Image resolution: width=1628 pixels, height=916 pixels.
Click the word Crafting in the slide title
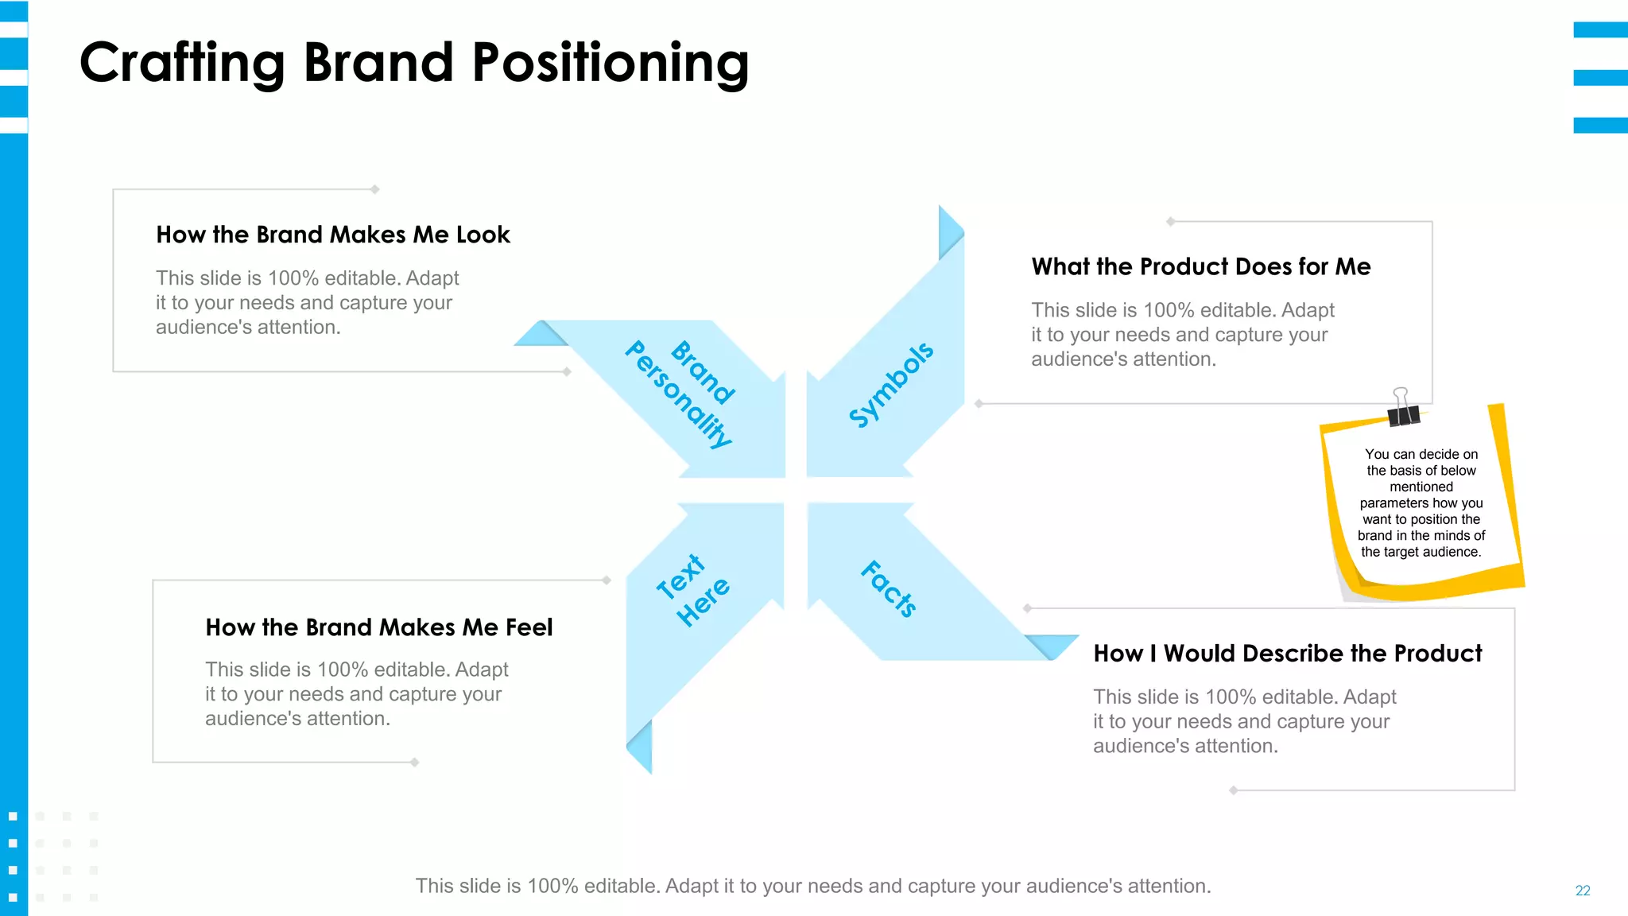(x=182, y=64)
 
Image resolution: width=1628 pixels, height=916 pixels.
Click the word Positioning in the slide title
(x=610, y=64)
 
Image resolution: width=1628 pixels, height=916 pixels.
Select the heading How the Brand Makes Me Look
(x=332, y=235)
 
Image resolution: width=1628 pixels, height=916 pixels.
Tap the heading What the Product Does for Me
(x=1200, y=266)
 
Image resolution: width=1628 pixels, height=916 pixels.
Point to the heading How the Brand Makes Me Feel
(x=378, y=627)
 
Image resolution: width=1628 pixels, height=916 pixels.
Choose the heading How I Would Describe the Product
(x=1287, y=654)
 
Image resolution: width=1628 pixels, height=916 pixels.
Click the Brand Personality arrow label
(x=680, y=393)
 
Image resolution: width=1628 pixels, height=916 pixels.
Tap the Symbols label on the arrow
(x=890, y=385)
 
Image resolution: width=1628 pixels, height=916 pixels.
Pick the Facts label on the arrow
(x=889, y=588)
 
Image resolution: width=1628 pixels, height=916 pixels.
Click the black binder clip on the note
(x=1402, y=409)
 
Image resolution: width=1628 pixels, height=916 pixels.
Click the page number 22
(x=1582, y=891)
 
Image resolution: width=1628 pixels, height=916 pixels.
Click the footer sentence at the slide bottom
(x=812, y=886)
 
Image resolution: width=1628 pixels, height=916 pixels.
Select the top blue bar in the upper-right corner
(x=1599, y=30)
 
